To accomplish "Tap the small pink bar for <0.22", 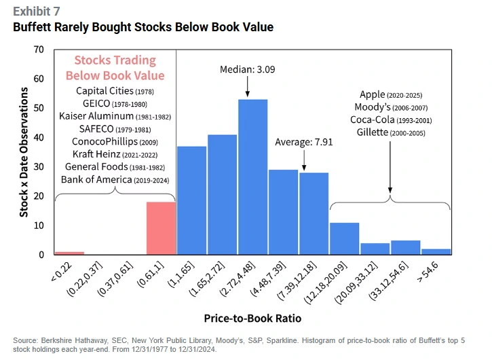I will point(69,253).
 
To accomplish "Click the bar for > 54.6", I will point(435,251).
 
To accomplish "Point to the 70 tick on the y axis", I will point(38,50).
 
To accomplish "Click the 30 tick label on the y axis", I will point(38,167).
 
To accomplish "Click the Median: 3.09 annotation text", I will point(247,69).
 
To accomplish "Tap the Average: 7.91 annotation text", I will point(303,142).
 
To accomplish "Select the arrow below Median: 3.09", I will point(247,86).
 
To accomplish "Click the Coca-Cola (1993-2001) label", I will point(390,120).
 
